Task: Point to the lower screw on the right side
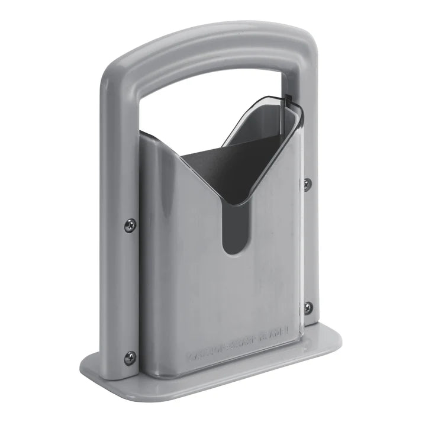(308, 307)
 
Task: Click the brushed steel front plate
(195, 284)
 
